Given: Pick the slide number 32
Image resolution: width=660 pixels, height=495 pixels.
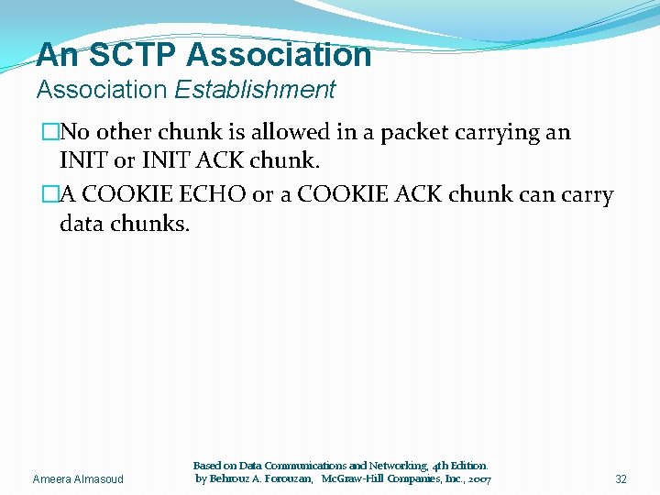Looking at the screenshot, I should pos(621,479).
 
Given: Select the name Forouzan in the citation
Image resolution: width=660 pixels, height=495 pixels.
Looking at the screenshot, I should pos(285,479).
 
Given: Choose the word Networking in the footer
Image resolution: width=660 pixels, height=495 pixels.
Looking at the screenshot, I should pos(381,467).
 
